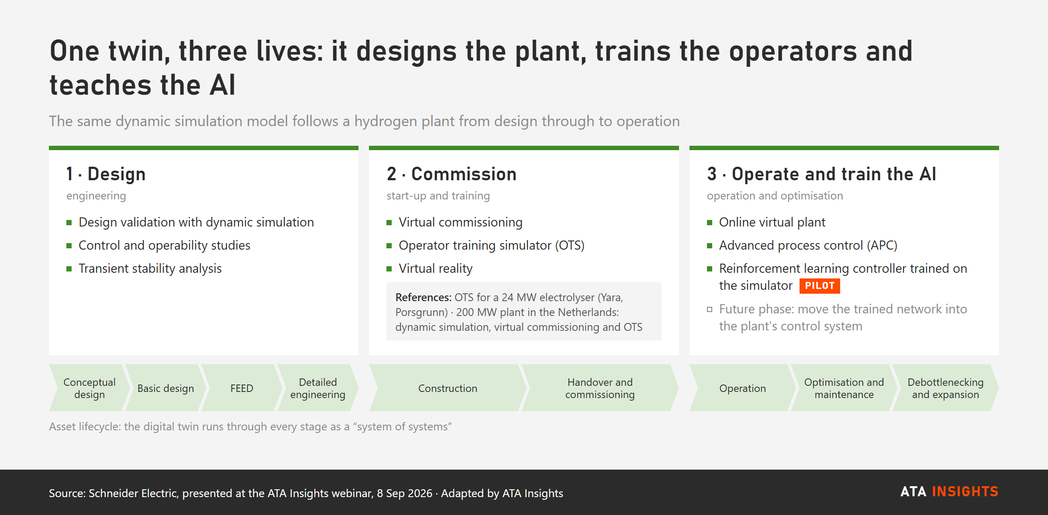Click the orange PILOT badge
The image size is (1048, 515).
tap(820, 286)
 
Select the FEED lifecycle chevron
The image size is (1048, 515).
tap(242, 388)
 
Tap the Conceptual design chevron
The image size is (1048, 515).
tap(90, 388)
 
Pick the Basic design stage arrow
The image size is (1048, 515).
tap(166, 388)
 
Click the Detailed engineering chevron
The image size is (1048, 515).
tap(318, 388)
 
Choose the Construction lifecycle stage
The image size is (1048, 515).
tap(448, 388)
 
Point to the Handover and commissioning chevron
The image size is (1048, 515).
tap(600, 388)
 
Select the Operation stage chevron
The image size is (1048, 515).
tap(743, 388)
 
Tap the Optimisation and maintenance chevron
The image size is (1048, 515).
tap(844, 388)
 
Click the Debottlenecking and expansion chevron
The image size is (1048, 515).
tap(945, 388)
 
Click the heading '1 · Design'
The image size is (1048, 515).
tap(106, 174)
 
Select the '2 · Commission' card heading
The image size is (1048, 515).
tap(452, 174)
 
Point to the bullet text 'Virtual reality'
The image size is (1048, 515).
tap(435, 268)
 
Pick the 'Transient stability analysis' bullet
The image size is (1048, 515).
tap(150, 268)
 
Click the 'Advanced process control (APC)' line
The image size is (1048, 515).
tap(808, 245)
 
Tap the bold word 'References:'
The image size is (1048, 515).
tap(423, 298)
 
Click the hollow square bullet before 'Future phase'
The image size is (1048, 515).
tap(710, 309)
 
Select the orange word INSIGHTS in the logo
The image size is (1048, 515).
tap(965, 492)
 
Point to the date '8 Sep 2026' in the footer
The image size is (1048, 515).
tap(405, 493)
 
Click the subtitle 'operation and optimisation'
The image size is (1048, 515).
tap(775, 196)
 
